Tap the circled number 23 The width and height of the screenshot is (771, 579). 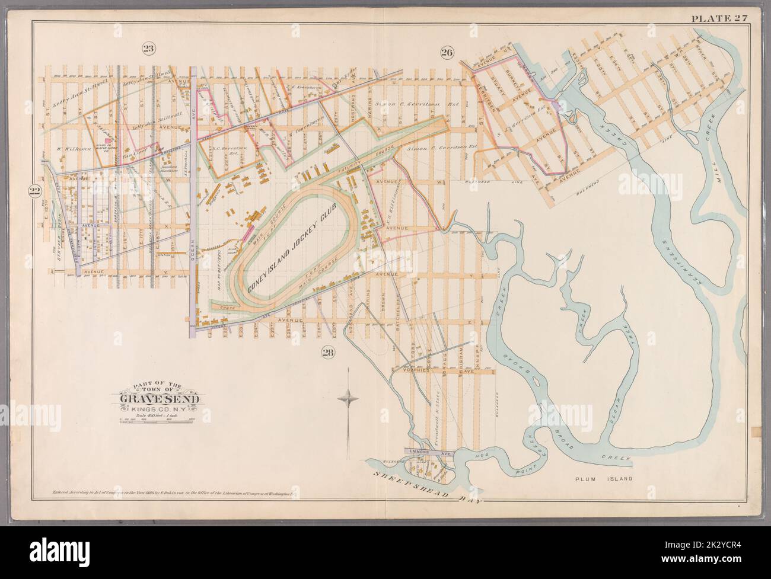tap(149, 49)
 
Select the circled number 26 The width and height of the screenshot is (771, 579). tap(447, 53)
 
